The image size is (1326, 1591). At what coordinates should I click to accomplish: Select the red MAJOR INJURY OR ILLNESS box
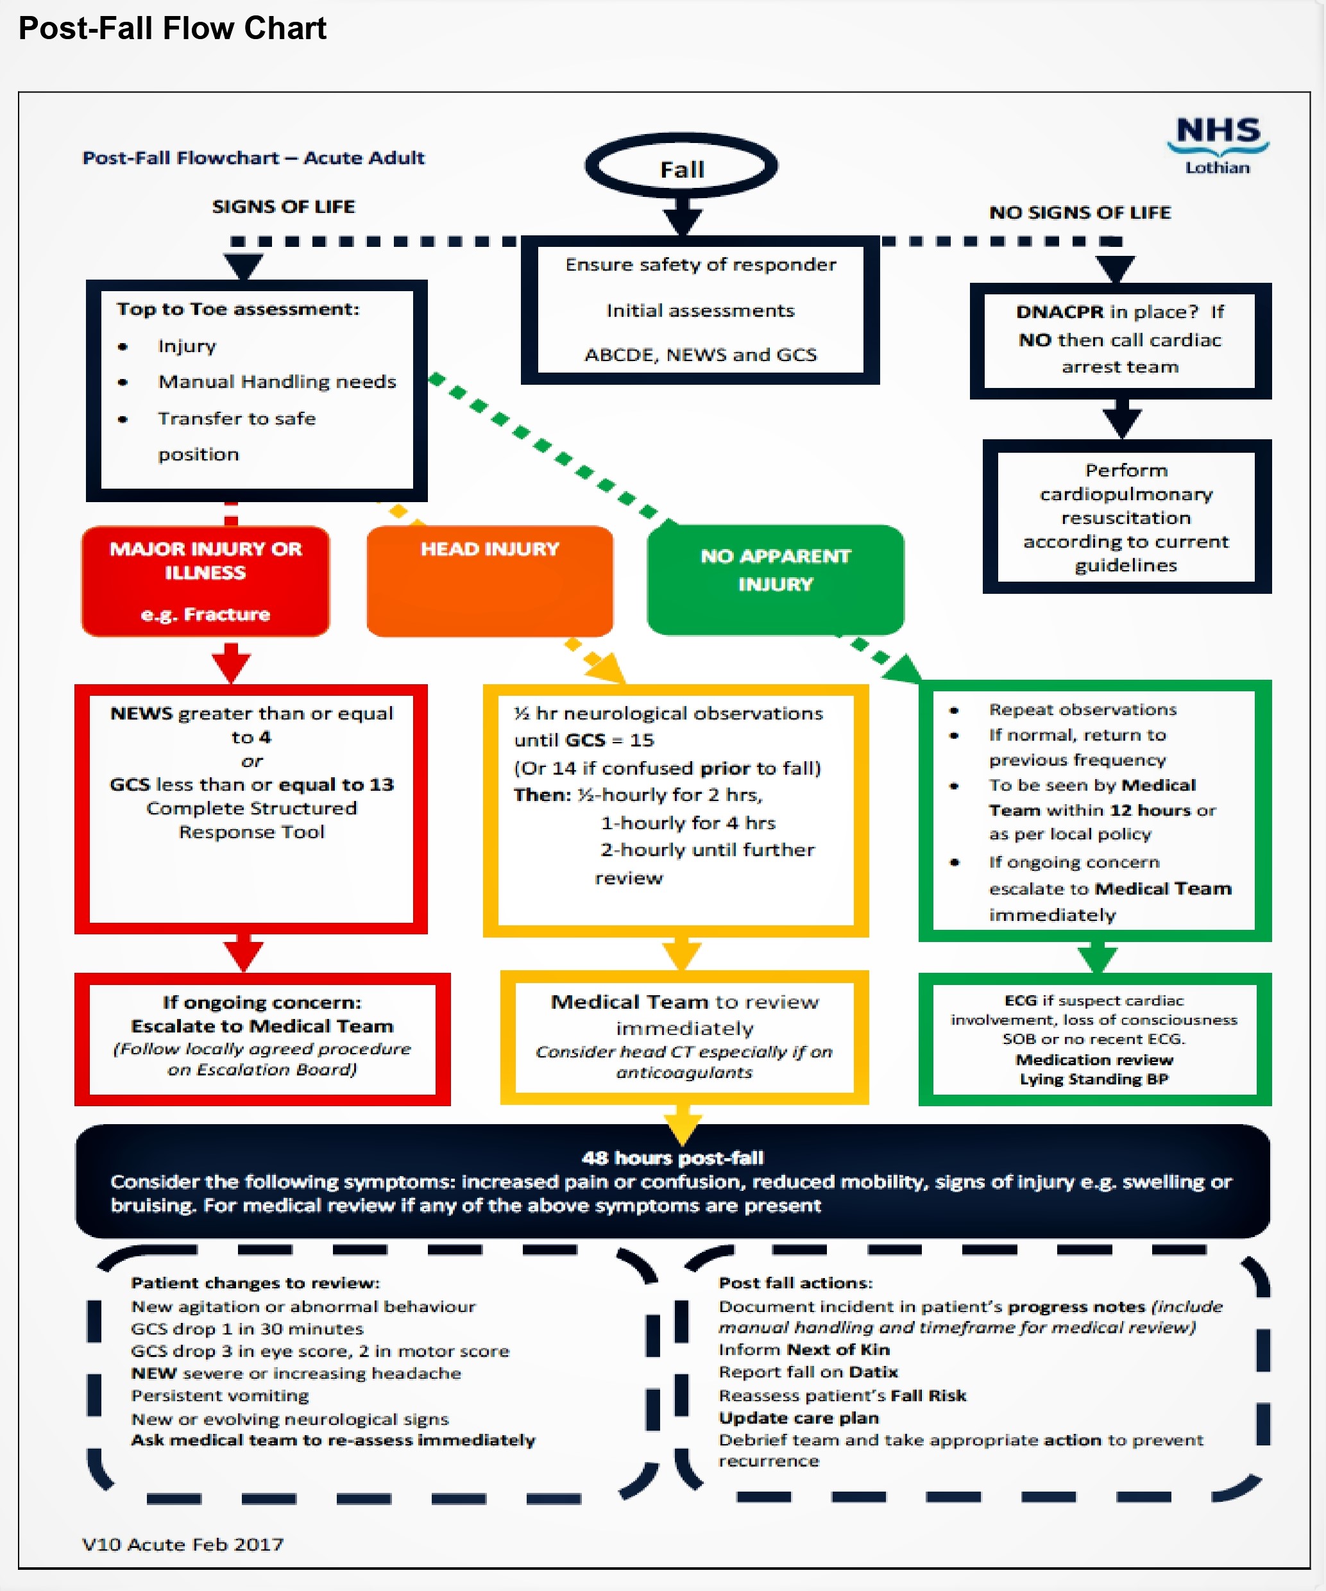tap(205, 580)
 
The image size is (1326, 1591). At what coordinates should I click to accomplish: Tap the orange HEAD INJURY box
tap(489, 580)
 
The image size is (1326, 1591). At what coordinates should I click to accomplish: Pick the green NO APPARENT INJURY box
tap(774, 579)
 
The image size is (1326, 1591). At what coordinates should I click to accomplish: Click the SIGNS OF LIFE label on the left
tap(284, 207)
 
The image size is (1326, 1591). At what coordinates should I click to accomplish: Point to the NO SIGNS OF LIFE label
tap(1079, 213)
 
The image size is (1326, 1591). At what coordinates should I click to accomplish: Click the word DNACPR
tap(1059, 312)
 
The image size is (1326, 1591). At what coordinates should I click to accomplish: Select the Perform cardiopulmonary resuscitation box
tap(1125, 517)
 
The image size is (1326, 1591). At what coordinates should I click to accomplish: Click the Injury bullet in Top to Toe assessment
tap(187, 346)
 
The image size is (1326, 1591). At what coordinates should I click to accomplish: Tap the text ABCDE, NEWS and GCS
tap(700, 355)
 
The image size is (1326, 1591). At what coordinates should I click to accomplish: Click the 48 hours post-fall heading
tap(672, 1157)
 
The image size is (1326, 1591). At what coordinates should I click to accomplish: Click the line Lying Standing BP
tap(1093, 1079)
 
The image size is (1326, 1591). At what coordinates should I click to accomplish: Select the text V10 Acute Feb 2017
tap(183, 1544)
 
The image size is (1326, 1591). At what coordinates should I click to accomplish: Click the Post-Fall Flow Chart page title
tap(172, 29)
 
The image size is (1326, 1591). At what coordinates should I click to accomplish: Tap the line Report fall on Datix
tap(808, 1372)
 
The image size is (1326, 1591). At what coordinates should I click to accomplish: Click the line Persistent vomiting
tap(220, 1395)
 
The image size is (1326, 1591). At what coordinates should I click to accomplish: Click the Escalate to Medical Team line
tap(262, 1026)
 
